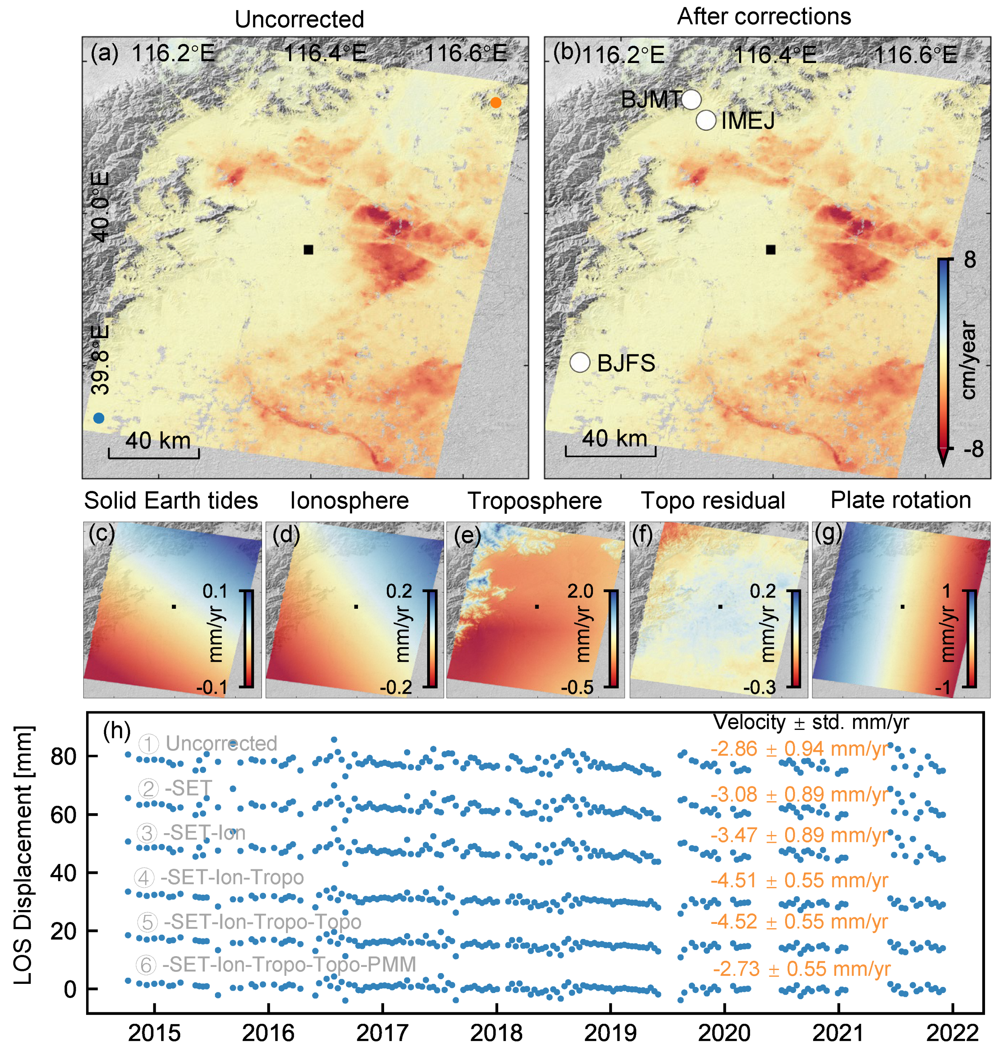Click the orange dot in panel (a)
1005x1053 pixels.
(x=496, y=102)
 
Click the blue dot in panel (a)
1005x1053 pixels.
(x=98, y=418)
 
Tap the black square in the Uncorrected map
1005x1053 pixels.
(x=308, y=249)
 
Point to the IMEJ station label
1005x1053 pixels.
(x=748, y=121)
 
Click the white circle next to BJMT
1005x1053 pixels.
(x=691, y=99)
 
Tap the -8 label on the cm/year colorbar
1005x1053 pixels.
(x=973, y=449)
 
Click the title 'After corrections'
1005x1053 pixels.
(x=764, y=17)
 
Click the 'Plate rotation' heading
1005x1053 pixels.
(x=900, y=500)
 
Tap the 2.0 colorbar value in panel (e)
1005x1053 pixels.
(x=580, y=591)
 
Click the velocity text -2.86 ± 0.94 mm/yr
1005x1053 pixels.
(x=799, y=749)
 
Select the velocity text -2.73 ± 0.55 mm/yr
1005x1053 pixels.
(x=802, y=969)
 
